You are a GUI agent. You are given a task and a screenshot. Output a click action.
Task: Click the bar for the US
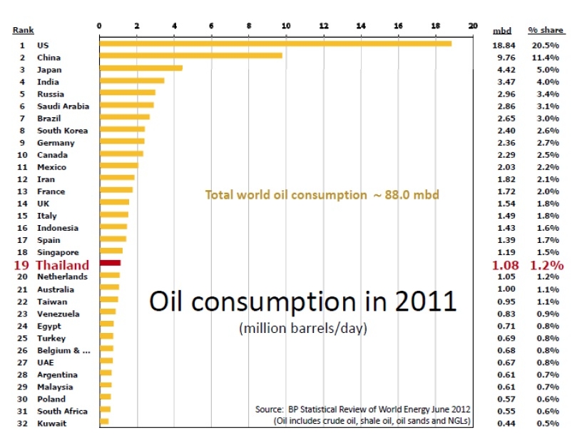(x=275, y=44)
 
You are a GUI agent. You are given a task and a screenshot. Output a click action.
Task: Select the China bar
(x=191, y=56)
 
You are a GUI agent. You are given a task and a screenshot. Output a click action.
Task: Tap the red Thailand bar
(x=111, y=264)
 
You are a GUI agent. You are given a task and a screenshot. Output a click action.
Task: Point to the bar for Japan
(x=141, y=69)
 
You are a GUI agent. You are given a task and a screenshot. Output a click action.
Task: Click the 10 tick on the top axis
(x=286, y=26)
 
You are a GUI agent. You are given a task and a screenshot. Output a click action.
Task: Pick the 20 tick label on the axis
(x=472, y=26)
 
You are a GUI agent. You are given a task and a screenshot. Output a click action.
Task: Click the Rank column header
(x=23, y=31)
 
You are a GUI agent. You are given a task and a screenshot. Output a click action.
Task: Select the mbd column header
(x=502, y=31)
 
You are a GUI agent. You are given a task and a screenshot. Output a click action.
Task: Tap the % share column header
(x=546, y=31)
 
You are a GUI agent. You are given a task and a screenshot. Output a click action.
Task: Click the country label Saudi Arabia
(x=63, y=106)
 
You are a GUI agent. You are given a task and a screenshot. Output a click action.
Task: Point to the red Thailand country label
(x=63, y=265)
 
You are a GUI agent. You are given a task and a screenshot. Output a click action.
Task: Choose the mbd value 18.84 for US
(x=504, y=45)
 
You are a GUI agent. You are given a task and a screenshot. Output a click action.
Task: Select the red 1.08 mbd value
(x=504, y=265)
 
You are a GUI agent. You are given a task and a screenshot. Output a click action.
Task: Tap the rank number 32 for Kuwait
(x=21, y=424)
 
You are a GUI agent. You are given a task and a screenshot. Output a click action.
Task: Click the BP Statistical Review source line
(x=362, y=409)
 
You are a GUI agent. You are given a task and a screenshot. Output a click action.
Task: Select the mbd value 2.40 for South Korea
(x=504, y=131)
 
